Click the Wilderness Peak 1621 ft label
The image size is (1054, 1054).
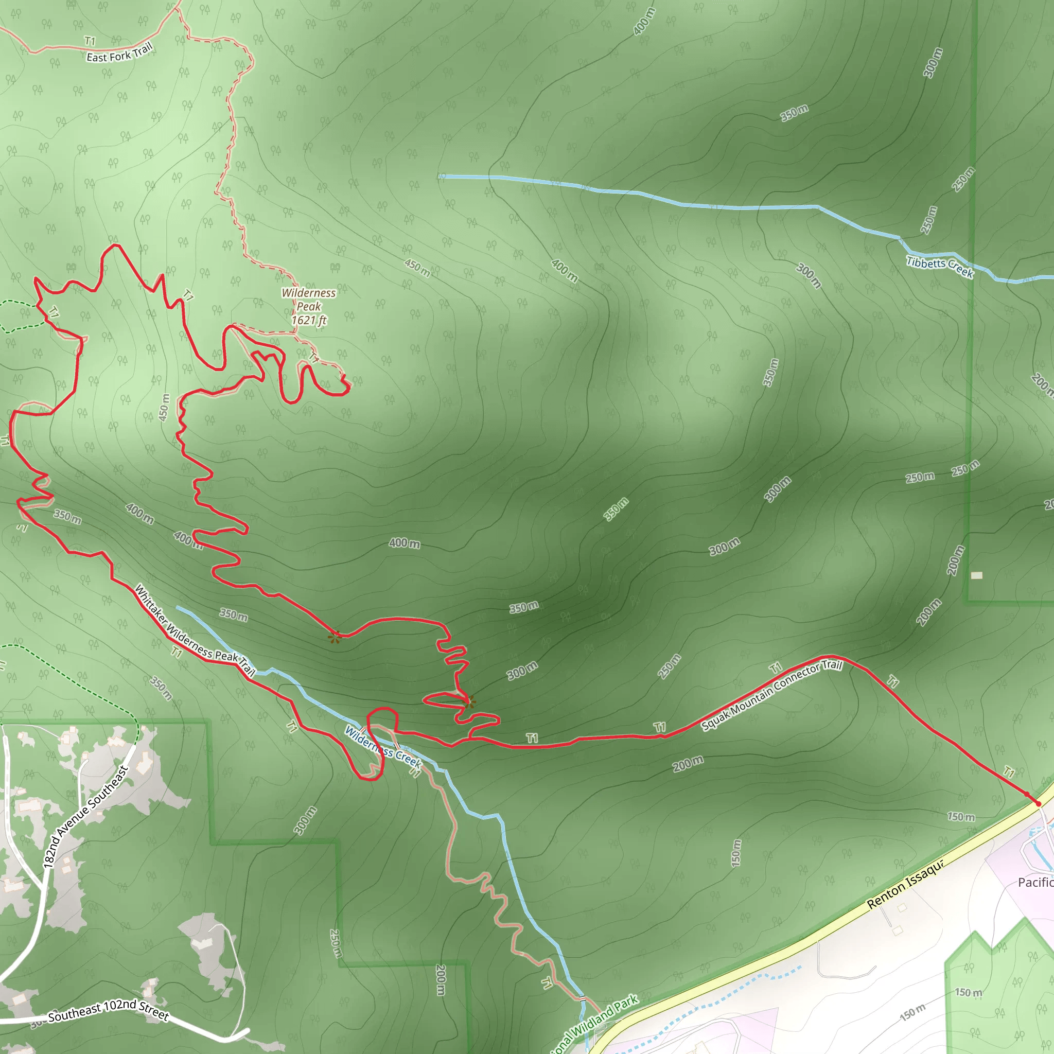click(309, 307)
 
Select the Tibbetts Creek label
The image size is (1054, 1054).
click(939, 267)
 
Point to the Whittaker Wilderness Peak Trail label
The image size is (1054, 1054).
click(195, 630)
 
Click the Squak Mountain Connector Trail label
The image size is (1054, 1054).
click(771, 695)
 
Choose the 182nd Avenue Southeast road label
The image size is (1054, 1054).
click(85, 817)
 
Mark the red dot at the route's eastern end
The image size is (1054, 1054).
click(1038, 803)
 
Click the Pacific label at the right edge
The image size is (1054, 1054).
click(1035, 882)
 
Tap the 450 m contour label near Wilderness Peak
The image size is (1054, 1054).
click(417, 267)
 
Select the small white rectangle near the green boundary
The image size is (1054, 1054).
click(976, 575)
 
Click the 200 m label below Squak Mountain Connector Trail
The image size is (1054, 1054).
click(688, 764)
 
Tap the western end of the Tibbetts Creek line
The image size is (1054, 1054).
click(440, 176)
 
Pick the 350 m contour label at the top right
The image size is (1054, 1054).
click(794, 113)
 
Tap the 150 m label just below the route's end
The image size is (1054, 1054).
click(961, 817)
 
